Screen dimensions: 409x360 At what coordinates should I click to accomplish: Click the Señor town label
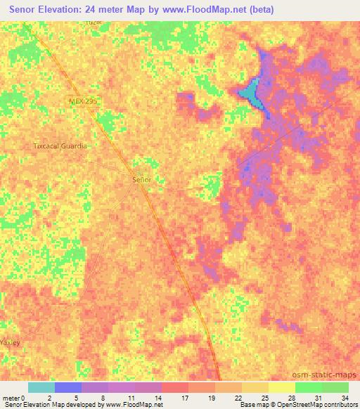[142, 180]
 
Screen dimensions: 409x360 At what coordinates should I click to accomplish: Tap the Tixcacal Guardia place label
[60, 146]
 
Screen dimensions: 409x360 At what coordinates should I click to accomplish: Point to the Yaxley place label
[11, 342]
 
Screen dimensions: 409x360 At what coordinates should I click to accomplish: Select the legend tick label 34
[344, 398]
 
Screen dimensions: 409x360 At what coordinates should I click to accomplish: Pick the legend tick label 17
[184, 398]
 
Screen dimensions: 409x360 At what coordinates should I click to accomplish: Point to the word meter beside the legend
[10, 398]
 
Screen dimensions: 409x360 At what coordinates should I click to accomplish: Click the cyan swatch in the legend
[41, 387]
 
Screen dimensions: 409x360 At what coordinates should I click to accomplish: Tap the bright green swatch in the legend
[308, 387]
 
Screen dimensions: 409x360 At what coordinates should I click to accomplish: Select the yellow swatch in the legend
[281, 387]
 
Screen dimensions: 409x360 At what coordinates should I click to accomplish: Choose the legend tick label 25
[264, 398]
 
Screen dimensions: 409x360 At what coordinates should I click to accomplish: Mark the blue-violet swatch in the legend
[68, 387]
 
